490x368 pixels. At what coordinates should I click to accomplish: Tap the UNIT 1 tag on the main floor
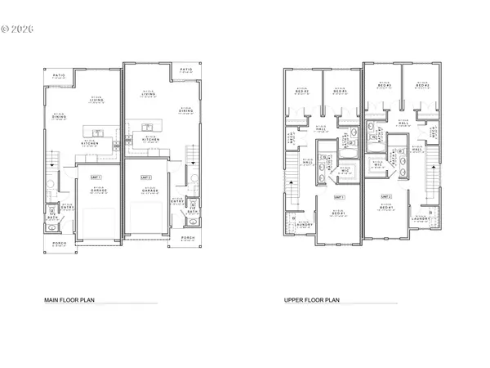pos(95,176)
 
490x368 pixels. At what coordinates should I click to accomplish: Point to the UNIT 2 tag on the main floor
pos(145,176)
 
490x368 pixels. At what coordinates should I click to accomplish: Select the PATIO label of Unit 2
pos(185,70)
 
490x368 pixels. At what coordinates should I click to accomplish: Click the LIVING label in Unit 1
pos(96,102)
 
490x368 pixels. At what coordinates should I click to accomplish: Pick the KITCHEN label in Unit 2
pos(150,139)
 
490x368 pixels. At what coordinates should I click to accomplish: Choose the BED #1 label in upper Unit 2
pos(385,210)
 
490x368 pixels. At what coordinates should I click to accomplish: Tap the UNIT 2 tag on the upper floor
pos(385,197)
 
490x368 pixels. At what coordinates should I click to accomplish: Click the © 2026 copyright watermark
pos(17,29)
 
